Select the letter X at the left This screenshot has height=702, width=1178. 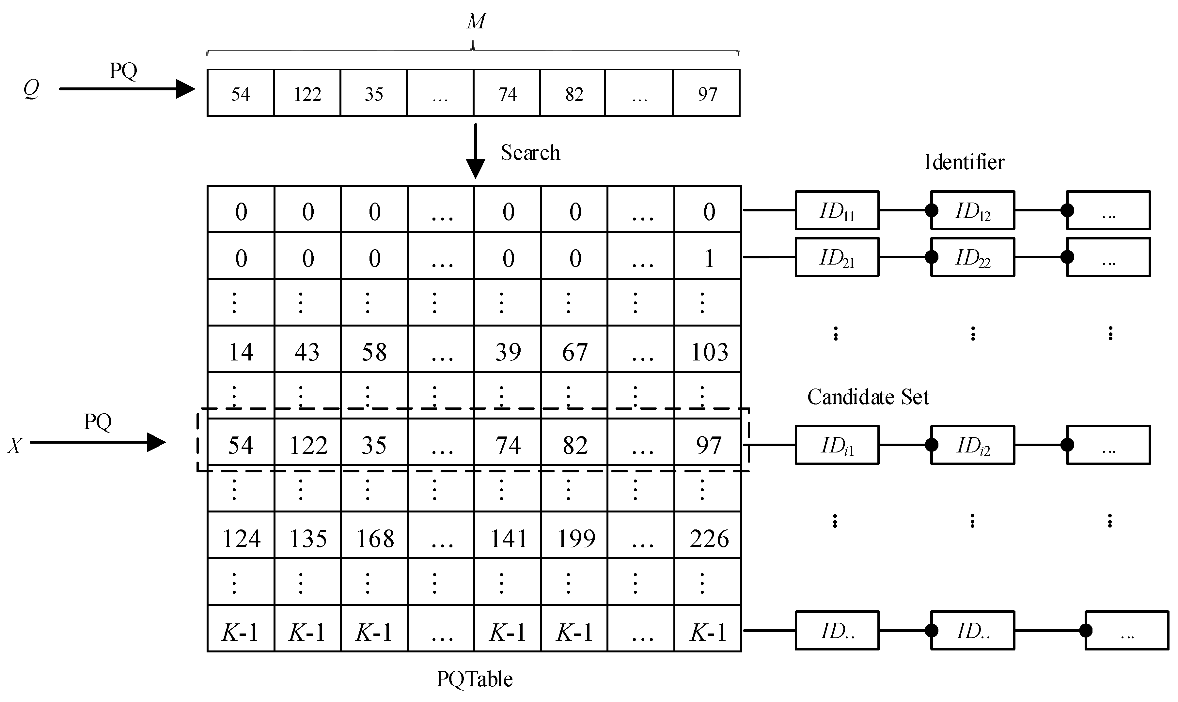pos(15,446)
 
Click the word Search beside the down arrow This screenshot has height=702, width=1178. pos(530,153)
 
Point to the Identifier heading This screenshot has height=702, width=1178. pos(964,162)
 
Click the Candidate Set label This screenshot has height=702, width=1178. pos(868,397)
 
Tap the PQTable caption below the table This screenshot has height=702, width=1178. pos(474,679)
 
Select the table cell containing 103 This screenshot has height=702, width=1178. pos(708,349)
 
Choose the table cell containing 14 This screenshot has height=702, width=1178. pos(241,349)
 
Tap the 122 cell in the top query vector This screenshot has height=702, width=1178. pos(307,93)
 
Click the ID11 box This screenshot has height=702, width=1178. pos(837,210)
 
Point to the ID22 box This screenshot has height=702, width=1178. pos(973,257)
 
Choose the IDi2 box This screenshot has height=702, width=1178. pos(973,445)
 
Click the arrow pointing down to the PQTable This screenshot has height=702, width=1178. pos(476,151)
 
